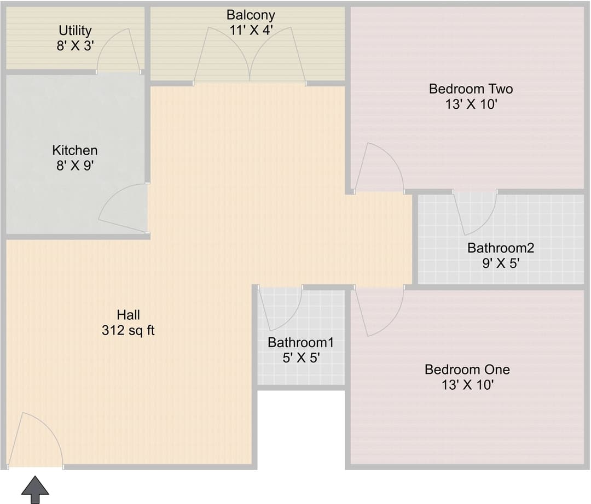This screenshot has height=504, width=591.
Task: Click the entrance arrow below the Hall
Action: (x=34, y=489)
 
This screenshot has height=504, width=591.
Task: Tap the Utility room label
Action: (x=75, y=31)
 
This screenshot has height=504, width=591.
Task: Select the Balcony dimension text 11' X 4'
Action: (x=251, y=30)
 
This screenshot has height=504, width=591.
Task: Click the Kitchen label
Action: (x=75, y=150)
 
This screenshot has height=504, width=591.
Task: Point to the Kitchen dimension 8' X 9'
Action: (x=75, y=165)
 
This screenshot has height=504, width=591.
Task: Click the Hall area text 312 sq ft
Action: (x=128, y=330)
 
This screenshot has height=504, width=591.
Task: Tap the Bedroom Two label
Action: (x=471, y=89)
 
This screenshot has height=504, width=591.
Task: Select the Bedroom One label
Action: (x=467, y=369)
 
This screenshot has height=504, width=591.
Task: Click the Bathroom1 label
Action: (x=301, y=342)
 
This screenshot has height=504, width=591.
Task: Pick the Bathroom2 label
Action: (x=501, y=248)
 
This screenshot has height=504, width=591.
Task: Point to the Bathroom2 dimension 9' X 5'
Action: (x=501, y=263)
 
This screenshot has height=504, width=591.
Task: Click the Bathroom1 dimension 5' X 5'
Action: (x=301, y=358)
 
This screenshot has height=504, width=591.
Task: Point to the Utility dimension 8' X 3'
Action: (x=75, y=46)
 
